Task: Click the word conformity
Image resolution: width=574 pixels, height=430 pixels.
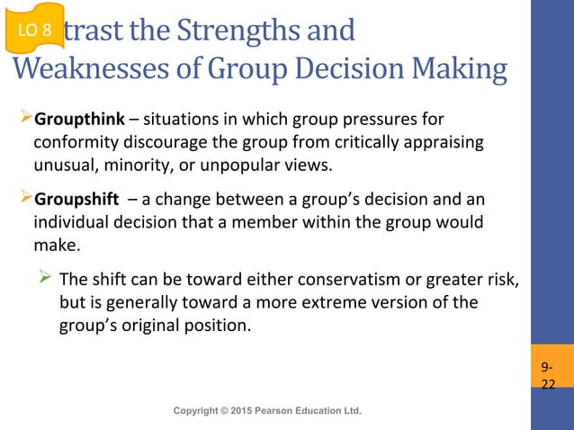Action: click(73, 142)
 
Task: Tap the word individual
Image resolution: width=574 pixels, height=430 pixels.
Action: click(70, 221)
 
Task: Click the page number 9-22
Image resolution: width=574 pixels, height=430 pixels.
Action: click(548, 377)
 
